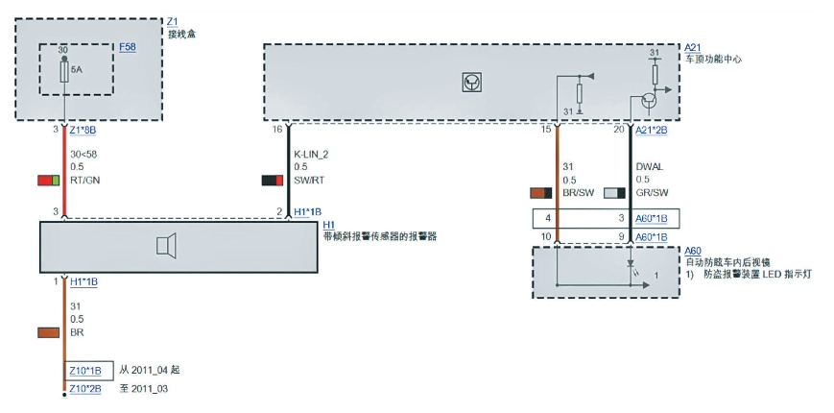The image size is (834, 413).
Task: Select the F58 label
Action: click(128, 45)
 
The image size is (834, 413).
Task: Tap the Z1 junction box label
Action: click(172, 19)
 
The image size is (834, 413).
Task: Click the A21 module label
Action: click(693, 46)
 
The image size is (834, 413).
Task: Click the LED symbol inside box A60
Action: click(630, 262)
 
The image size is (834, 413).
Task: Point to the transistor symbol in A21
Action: click(650, 99)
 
